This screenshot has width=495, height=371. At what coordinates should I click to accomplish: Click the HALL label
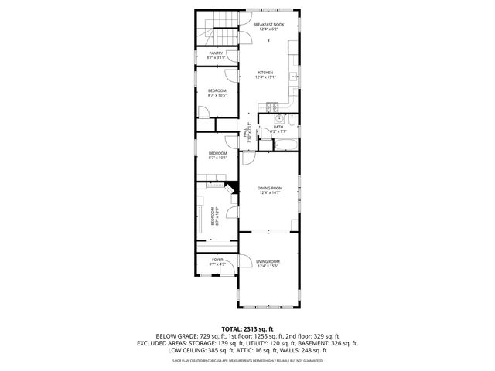(x=247, y=133)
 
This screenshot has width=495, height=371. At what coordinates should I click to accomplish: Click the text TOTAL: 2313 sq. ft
(x=247, y=329)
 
